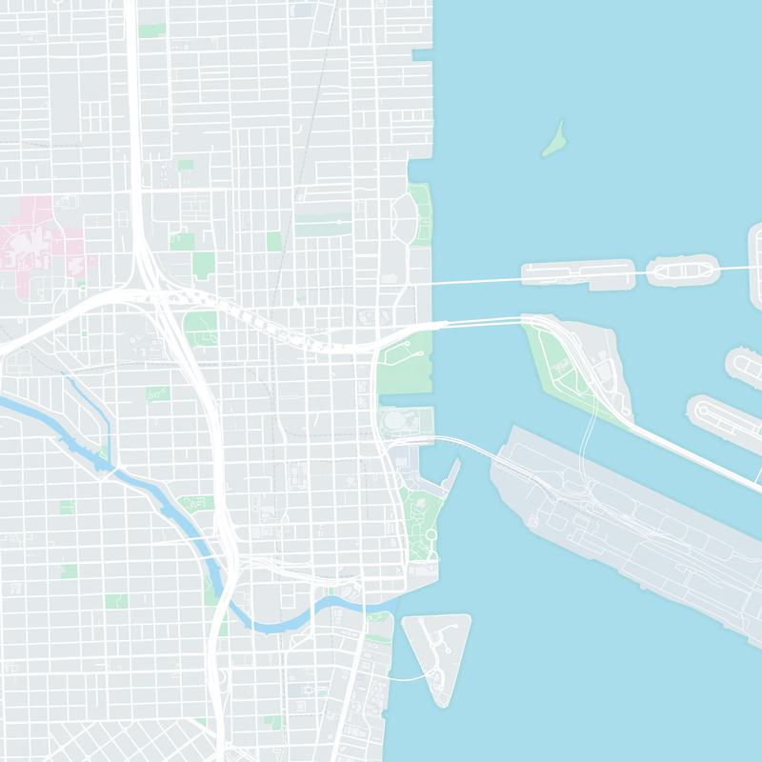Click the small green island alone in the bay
pos(553,140)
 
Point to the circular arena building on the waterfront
pos(393,420)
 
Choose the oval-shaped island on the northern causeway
pos(680,271)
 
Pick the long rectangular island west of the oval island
pos(577,274)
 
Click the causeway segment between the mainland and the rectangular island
pos(476,281)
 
